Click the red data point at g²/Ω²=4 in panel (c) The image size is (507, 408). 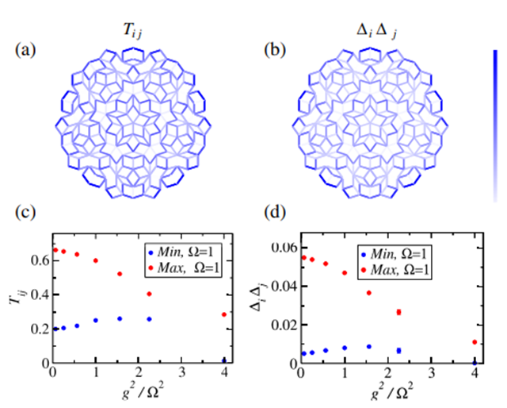224,314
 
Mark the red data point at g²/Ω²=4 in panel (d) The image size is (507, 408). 475,342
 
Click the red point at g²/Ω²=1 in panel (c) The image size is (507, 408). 95,260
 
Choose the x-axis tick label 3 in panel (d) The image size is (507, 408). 431,375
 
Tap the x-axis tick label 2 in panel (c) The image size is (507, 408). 139,375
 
